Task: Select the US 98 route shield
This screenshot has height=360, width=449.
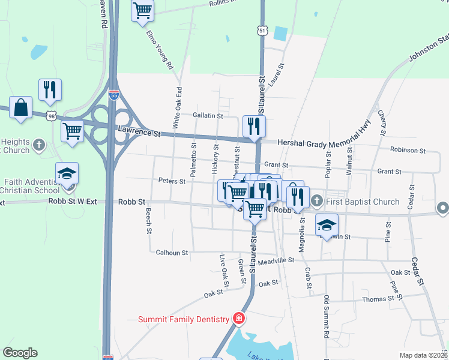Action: coord(52,114)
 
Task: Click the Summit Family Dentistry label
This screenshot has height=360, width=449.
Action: coord(184,320)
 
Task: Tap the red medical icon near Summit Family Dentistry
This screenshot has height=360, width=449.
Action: coord(239,318)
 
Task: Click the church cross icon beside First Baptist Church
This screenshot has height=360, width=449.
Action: coord(318,202)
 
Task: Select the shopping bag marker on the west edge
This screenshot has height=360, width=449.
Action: coord(21,107)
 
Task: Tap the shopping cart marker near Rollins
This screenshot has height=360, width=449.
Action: coord(142,10)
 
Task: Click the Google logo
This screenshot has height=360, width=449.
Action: coord(20,353)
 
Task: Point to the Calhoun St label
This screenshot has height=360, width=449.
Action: coord(172,253)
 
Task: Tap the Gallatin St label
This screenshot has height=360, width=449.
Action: coord(208,115)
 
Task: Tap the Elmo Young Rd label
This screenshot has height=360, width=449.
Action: coord(160,49)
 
